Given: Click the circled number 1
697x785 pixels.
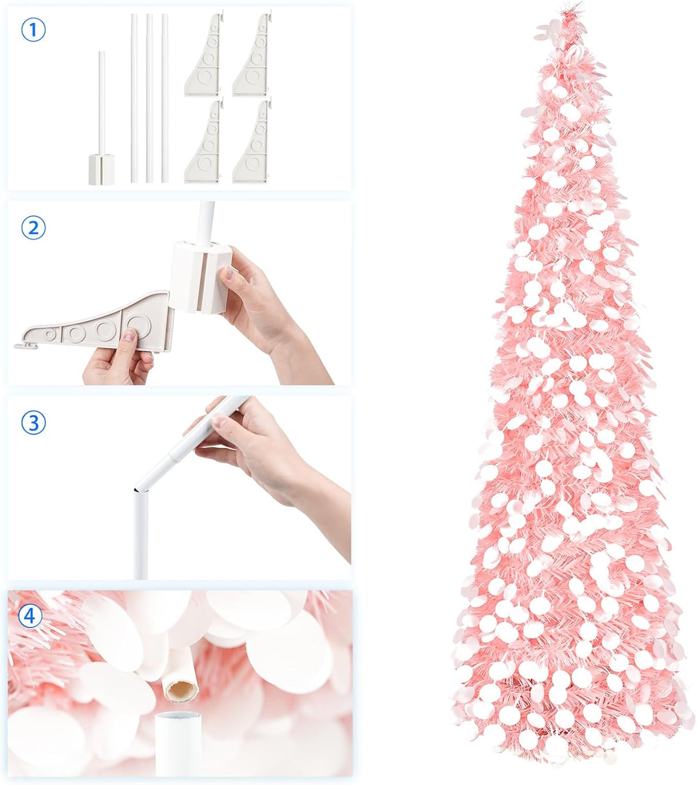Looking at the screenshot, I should point(33,29).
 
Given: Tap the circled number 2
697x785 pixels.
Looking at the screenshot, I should point(33,228).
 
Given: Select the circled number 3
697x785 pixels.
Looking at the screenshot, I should point(33,423).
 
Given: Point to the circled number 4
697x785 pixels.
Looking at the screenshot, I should point(30,617).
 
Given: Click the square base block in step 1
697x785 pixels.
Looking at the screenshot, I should point(102,168).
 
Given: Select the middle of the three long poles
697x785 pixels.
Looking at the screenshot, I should point(149,98).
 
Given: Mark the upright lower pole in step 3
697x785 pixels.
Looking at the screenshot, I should point(140,534).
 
